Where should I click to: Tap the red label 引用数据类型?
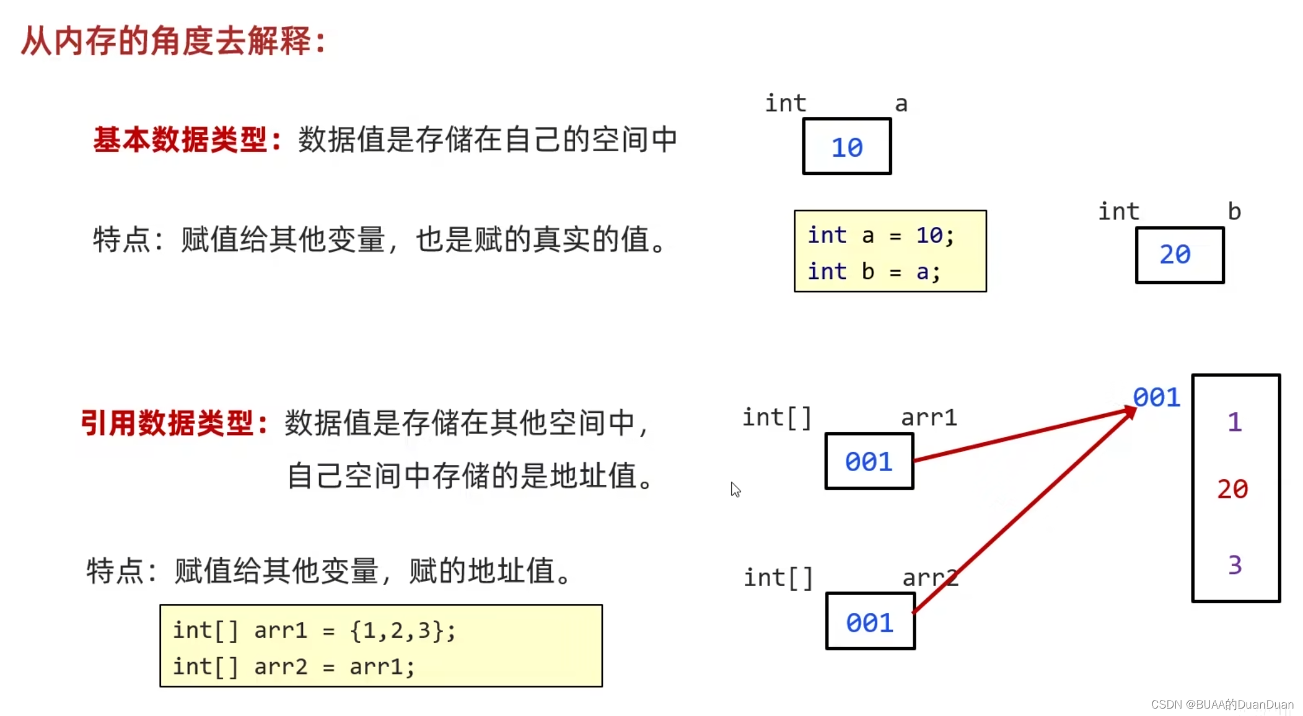173,423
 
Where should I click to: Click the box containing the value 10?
846,147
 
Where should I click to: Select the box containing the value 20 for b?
1179,255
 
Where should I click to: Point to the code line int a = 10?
880,236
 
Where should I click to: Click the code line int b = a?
874,272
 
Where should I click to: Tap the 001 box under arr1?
869,462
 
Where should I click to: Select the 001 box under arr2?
870,622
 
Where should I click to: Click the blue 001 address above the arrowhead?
1156,397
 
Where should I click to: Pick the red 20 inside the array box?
1232,489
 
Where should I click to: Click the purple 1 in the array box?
1234,422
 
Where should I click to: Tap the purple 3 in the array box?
1234,565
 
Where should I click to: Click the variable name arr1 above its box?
929,418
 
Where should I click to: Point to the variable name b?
1234,212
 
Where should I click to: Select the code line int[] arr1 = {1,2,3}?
314,631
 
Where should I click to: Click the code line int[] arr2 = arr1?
294,667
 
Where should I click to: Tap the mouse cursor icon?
735,489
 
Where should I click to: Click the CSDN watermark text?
1222,704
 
